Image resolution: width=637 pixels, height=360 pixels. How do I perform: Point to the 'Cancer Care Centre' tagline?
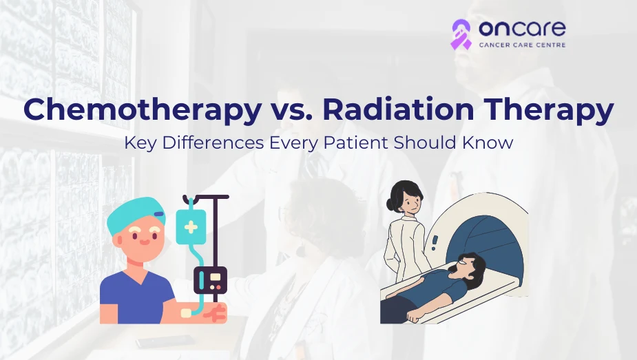tap(521, 45)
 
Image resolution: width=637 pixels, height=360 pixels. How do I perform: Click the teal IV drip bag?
tap(190, 226)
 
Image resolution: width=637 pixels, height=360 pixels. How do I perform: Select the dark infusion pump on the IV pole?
tap(210, 279)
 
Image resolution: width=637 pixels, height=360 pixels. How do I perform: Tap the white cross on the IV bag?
tap(190, 227)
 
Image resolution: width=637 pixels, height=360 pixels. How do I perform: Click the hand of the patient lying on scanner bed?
tap(413, 317)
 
